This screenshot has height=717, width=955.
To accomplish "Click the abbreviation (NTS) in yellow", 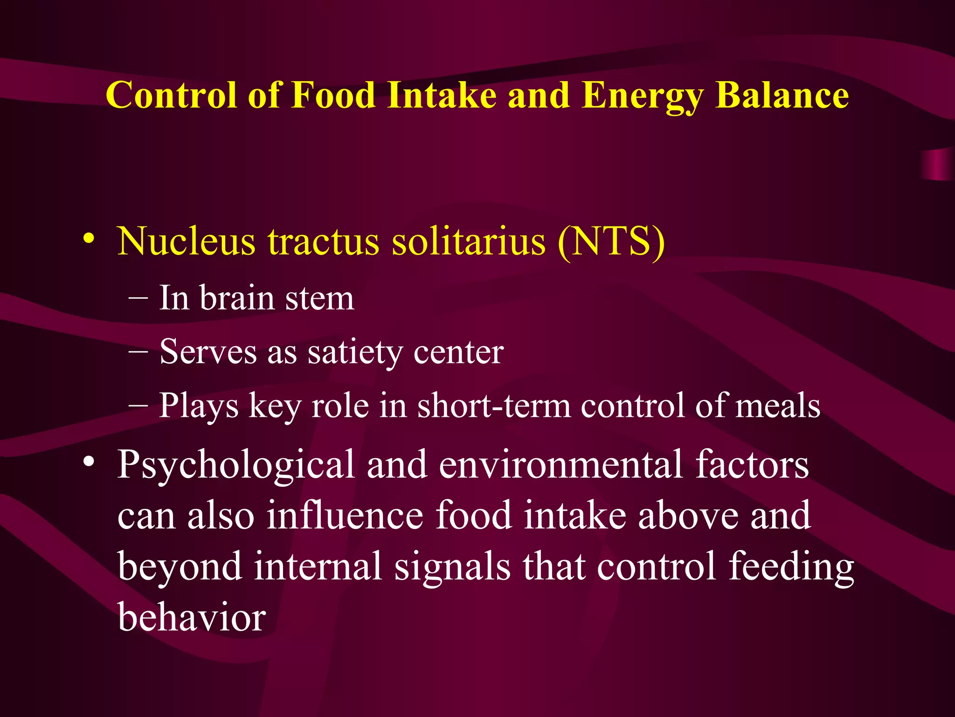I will [x=611, y=241].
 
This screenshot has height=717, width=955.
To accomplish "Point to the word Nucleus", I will [x=186, y=241].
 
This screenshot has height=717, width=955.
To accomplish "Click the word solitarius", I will [x=468, y=241].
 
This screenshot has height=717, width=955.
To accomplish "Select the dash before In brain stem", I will [x=138, y=297].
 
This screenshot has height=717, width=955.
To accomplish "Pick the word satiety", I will [x=355, y=352].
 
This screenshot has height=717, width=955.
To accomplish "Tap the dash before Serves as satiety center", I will [x=138, y=351].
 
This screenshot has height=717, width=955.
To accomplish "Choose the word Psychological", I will [x=235, y=465].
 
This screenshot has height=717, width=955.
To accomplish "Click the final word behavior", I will [x=192, y=617].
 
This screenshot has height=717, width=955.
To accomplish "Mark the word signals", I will [x=452, y=567].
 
